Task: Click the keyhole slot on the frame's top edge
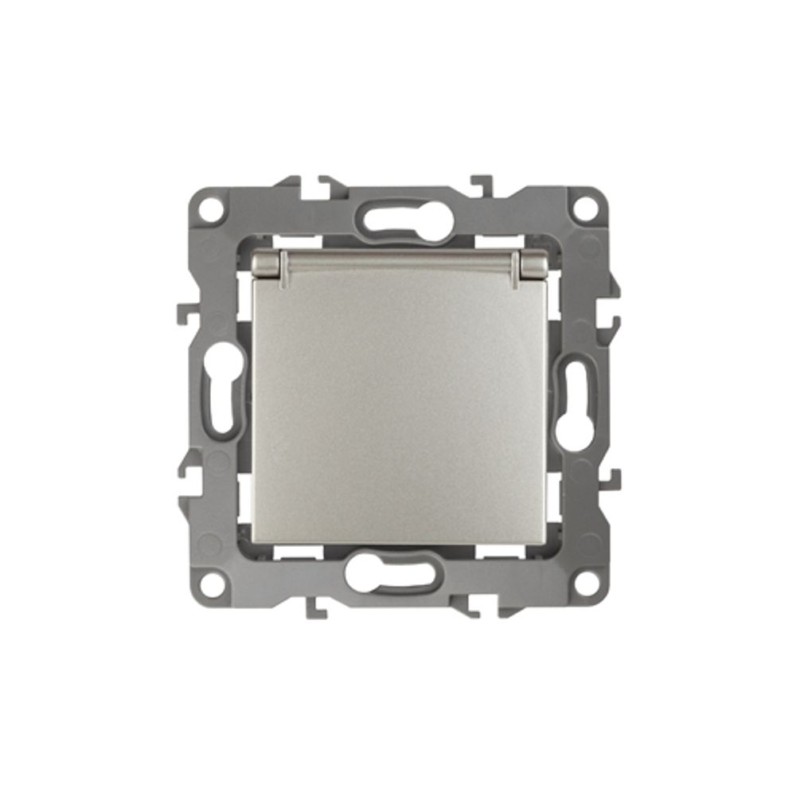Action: coord(398,217)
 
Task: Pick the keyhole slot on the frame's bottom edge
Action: coord(398,579)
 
